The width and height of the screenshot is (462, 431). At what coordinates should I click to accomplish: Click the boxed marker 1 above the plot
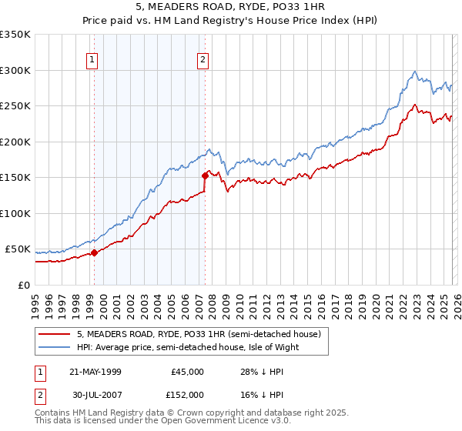92,59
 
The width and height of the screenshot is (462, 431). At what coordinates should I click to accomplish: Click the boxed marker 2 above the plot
203,59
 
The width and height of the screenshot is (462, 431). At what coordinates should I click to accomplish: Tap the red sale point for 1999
94,252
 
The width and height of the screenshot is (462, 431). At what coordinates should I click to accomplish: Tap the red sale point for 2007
206,175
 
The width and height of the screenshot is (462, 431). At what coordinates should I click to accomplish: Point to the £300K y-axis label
15,70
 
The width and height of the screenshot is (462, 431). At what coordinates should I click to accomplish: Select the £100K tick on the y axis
15,213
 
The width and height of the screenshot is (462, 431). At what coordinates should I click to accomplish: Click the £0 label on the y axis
23,285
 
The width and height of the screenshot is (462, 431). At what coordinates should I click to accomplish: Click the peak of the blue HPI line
414,72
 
